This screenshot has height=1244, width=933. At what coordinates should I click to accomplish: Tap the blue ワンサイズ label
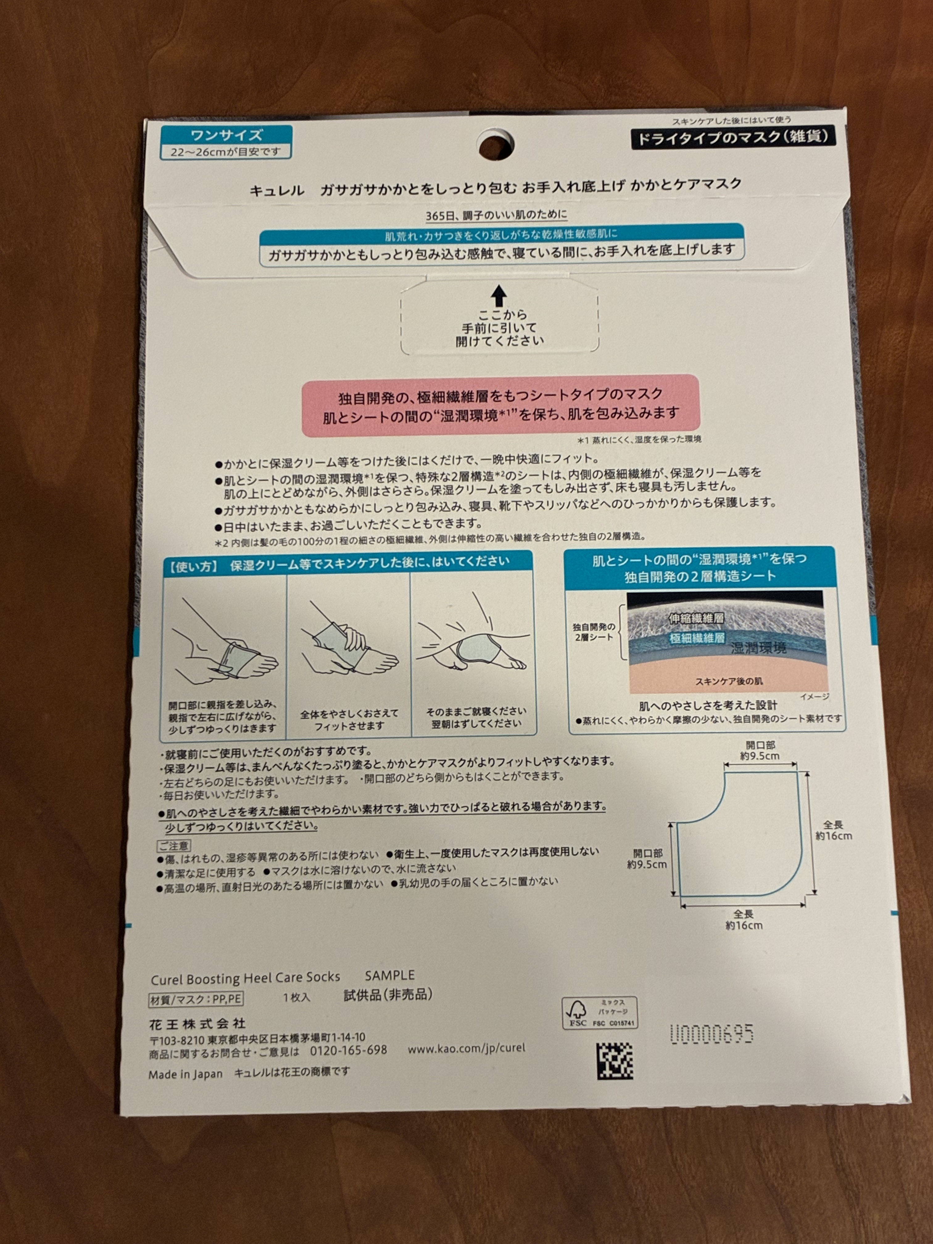pyautogui.click(x=226, y=135)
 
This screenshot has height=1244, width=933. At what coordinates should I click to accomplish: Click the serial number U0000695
pyautogui.click(x=711, y=1034)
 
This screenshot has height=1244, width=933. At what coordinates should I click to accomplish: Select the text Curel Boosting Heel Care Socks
pyautogui.click(x=245, y=979)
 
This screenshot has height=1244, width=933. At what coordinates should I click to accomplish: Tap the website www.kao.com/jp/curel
pyautogui.click(x=466, y=1048)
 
